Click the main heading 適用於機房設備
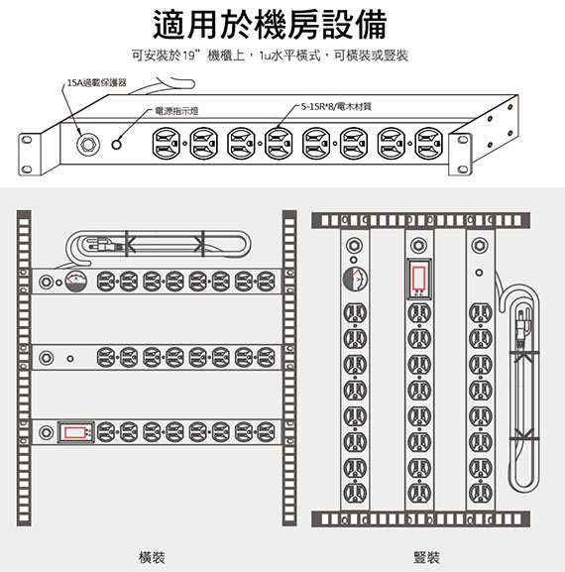[x=270, y=25]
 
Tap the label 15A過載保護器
[x=97, y=83]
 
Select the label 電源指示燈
[x=176, y=111]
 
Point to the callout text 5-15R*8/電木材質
[x=336, y=106]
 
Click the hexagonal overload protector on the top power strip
[x=88, y=145]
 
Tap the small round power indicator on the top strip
[x=116, y=145]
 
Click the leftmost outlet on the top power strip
[x=166, y=144]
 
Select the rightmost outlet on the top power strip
[x=429, y=144]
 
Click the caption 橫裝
[x=152, y=557]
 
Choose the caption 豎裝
[x=426, y=557]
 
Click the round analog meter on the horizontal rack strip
[x=76, y=282]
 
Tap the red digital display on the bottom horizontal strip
[x=75, y=432]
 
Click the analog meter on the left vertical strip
[x=355, y=280]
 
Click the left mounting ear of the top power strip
[x=30, y=155]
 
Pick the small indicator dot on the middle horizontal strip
[x=70, y=359]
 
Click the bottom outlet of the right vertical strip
[x=480, y=493]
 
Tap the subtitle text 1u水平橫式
[x=289, y=56]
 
